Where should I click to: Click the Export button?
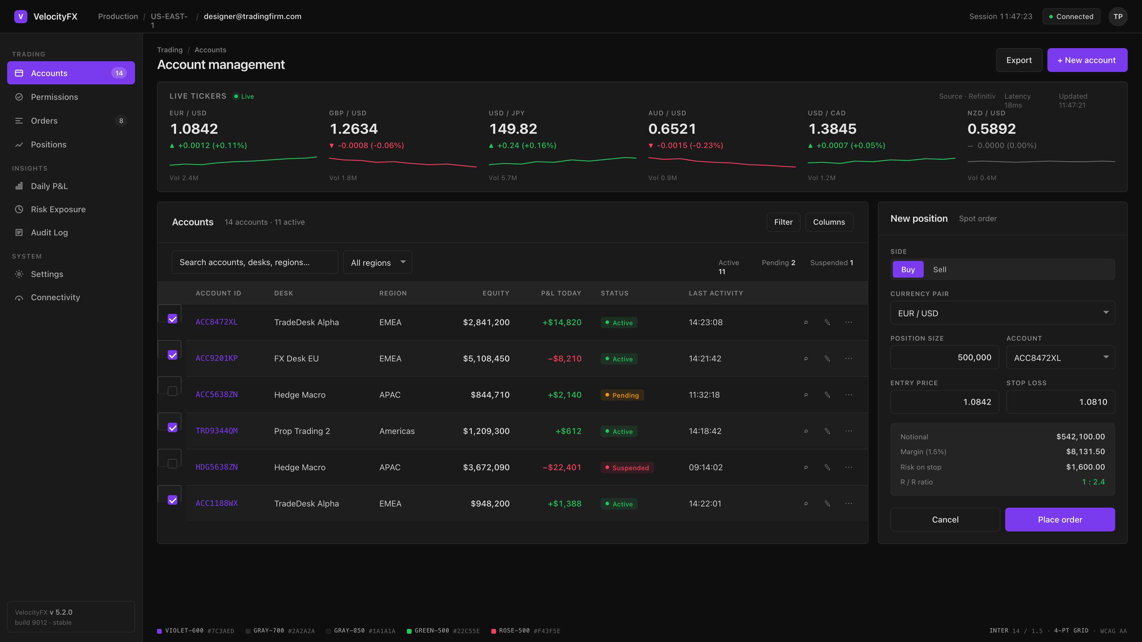[1019, 60]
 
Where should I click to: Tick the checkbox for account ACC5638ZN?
[172, 391]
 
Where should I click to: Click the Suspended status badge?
[627, 468]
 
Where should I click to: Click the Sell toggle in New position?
[939, 269]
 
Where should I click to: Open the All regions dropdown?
[377, 262]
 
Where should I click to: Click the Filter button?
[783, 222]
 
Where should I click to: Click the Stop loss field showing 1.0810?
[1061, 402]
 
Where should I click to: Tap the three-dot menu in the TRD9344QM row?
[848, 431]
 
